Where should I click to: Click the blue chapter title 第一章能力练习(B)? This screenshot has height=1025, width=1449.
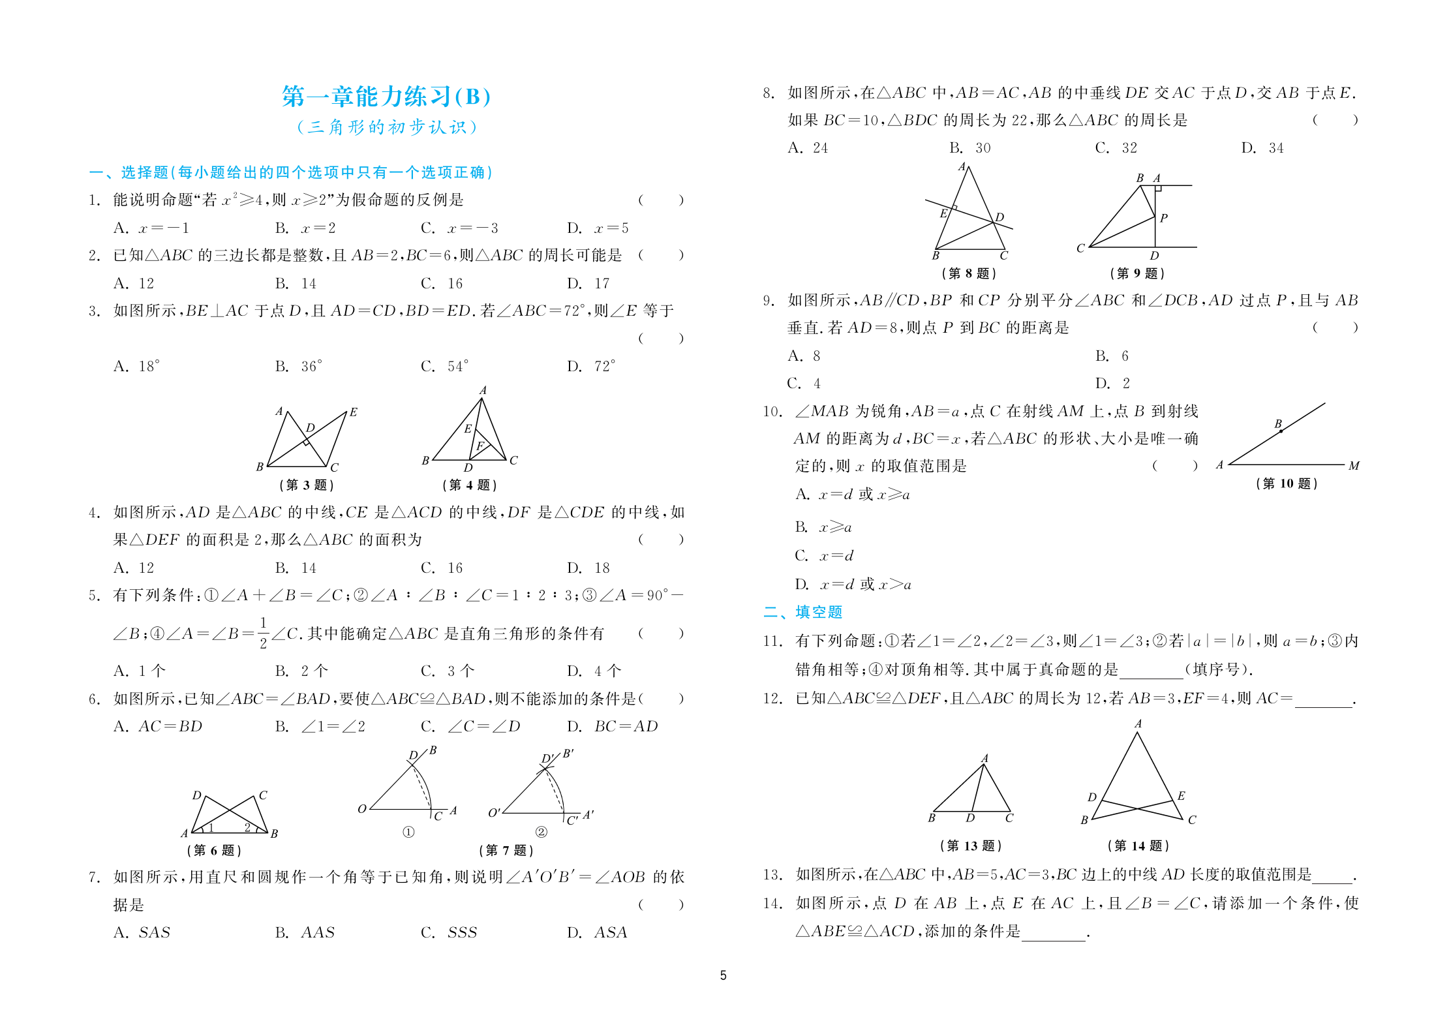(386, 97)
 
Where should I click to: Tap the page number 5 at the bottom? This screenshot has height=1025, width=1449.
(723, 975)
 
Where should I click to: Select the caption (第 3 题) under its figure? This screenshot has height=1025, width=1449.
(307, 485)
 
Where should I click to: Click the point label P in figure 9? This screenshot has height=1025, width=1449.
(1164, 218)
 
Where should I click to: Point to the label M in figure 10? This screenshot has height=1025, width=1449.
(1354, 466)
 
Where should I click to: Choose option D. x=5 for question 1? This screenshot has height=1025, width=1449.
(598, 228)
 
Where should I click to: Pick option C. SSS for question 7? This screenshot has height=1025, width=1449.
(450, 932)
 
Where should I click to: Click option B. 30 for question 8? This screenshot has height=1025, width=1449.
(970, 148)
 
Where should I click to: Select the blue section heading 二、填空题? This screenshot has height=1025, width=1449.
(803, 611)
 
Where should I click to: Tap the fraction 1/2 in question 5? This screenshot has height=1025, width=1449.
(263, 633)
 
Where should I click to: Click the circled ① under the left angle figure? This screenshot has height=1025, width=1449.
(408, 832)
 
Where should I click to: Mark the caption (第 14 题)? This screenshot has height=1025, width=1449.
(1138, 846)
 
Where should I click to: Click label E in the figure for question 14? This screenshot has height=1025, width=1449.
(1182, 795)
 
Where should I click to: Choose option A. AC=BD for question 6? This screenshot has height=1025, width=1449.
(158, 726)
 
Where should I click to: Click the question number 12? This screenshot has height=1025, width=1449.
(772, 698)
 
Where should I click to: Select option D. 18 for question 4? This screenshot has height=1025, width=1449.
(588, 568)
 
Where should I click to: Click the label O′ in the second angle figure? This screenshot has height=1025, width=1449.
(495, 812)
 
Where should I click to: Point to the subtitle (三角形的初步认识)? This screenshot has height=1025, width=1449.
(387, 127)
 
